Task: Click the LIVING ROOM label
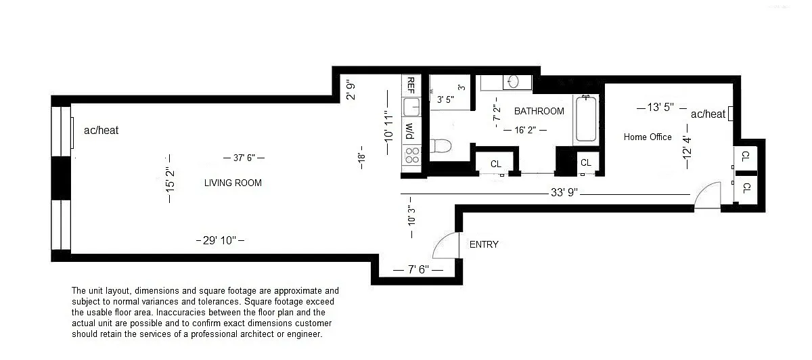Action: (233, 183)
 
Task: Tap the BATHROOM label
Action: (539, 111)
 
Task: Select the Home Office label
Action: (648, 137)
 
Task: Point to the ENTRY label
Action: (484, 244)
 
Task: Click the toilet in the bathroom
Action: (441, 145)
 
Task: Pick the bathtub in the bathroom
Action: (586, 118)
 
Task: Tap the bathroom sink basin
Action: (514, 82)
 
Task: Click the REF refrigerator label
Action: (411, 85)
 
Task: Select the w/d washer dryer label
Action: (410, 131)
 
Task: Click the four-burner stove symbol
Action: (412, 155)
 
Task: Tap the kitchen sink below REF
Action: (411, 107)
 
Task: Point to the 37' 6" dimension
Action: (244, 158)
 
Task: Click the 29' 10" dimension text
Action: (220, 240)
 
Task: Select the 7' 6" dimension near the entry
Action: (418, 270)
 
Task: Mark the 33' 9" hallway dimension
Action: (564, 192)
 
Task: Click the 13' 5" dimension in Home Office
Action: (660, 108)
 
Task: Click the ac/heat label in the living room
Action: (101, 130)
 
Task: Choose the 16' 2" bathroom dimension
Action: (525, 130)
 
